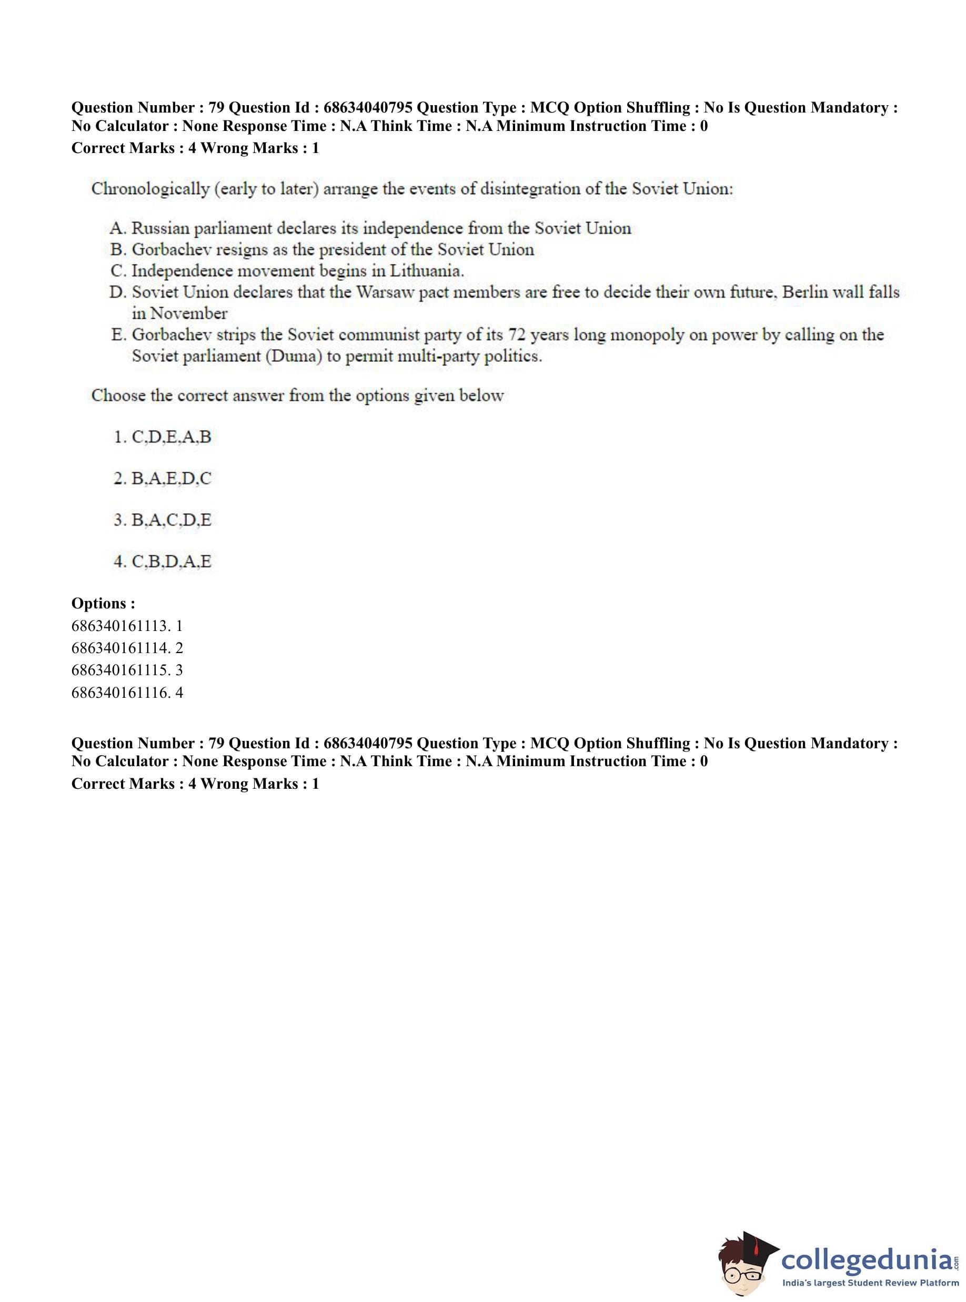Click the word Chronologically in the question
coord(150,189)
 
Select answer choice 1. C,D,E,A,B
coord(163,437)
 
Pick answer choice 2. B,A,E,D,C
coord(163,479)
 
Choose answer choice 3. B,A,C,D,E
coord(163,520)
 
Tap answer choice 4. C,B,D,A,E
coord(163,562)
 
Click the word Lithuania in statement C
coord(426,271)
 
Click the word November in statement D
coord(188,314)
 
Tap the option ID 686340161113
coord(121,626)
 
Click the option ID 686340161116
coord(121,693)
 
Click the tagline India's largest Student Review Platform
coord(870,1283)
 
